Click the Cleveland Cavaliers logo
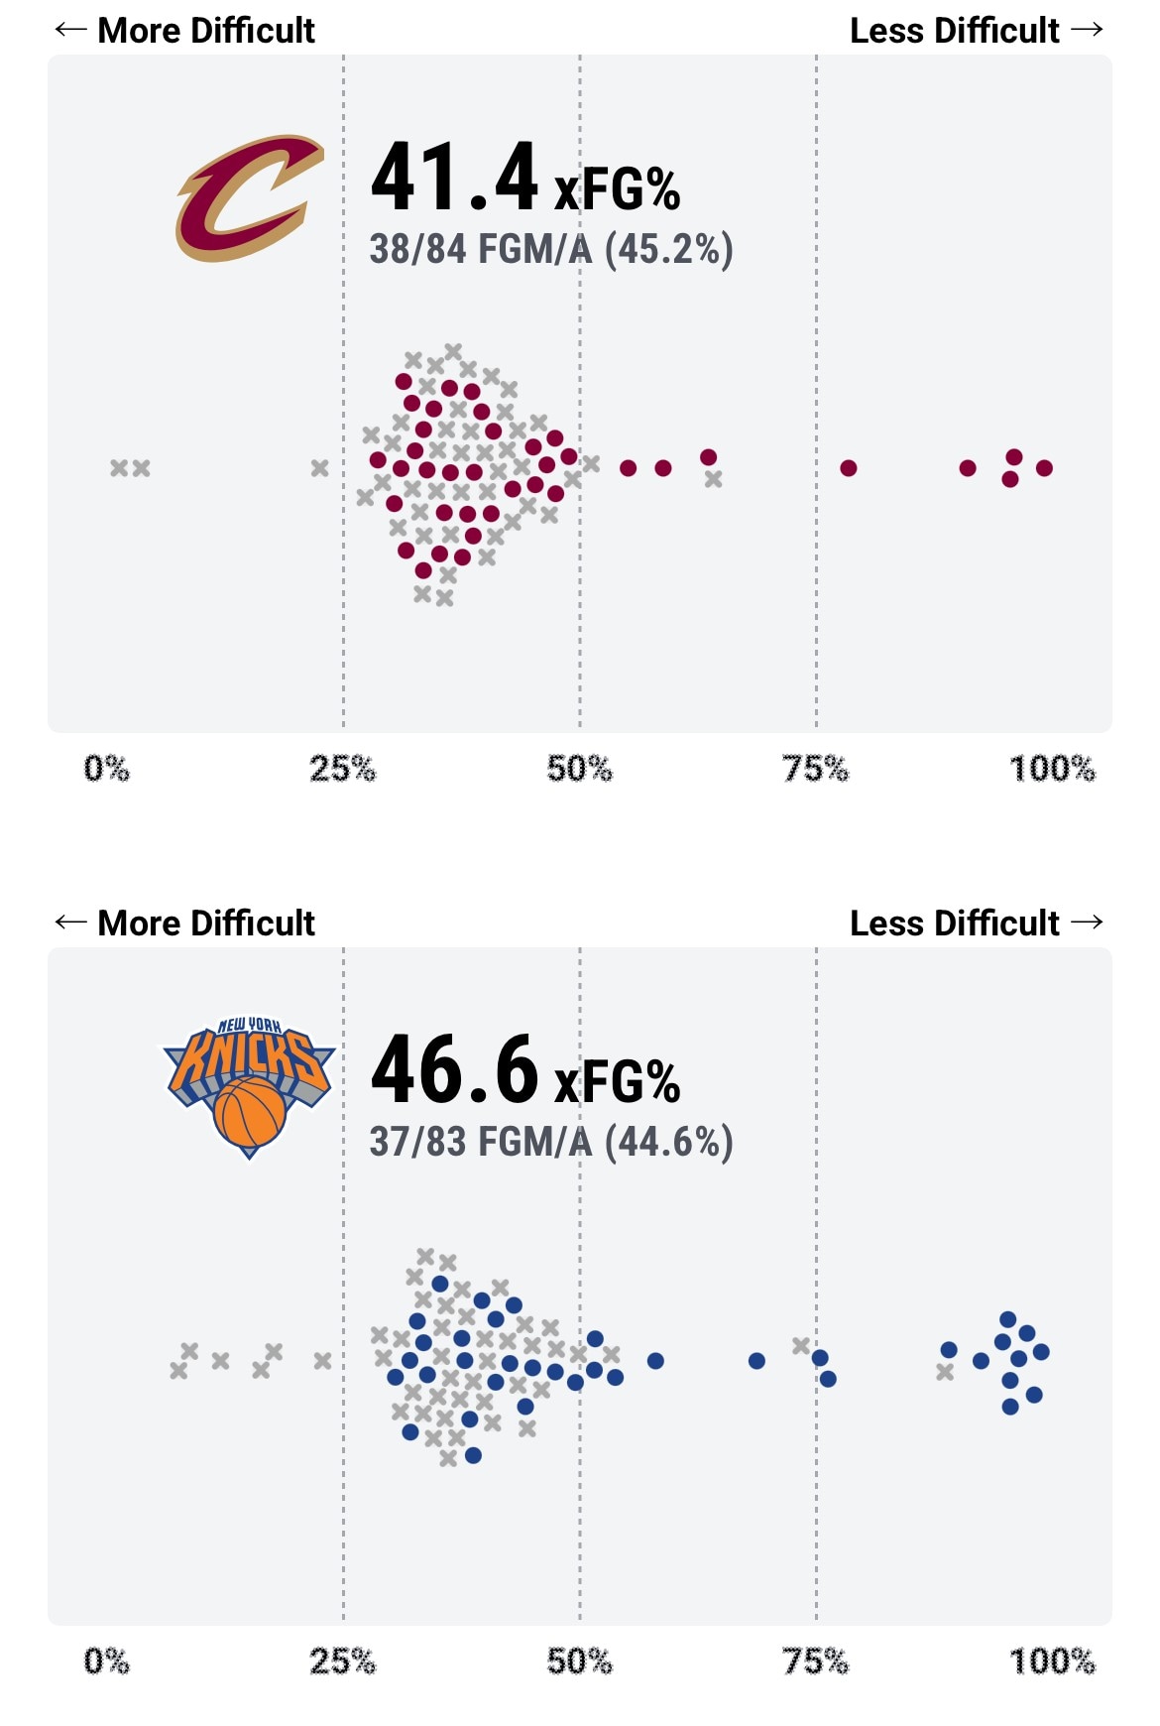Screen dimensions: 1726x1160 coord(249,198)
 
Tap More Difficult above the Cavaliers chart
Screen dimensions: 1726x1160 coord(206,31)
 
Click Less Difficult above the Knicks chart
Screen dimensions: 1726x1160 coord(954,924)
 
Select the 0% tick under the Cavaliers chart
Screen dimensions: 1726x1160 coord(107,769)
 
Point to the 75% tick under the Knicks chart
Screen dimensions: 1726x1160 coord(815,1662)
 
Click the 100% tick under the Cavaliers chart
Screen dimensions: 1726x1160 coord(1052,769)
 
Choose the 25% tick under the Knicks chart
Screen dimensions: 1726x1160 coord(343,1662)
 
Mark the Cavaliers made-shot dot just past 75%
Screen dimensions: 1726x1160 coord(849,468)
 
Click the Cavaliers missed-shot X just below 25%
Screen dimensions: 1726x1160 coord(319,468)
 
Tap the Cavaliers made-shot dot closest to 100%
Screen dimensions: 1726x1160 coord(1044,468)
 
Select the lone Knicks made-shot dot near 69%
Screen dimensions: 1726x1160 coord(756,1361)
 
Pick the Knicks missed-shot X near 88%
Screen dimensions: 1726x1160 coord(945,1372)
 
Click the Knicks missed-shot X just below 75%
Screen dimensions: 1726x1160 coord(801,1346)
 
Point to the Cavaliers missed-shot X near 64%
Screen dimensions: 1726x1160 coord(714,479)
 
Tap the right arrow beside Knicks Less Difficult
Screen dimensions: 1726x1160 coord(1088,923)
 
